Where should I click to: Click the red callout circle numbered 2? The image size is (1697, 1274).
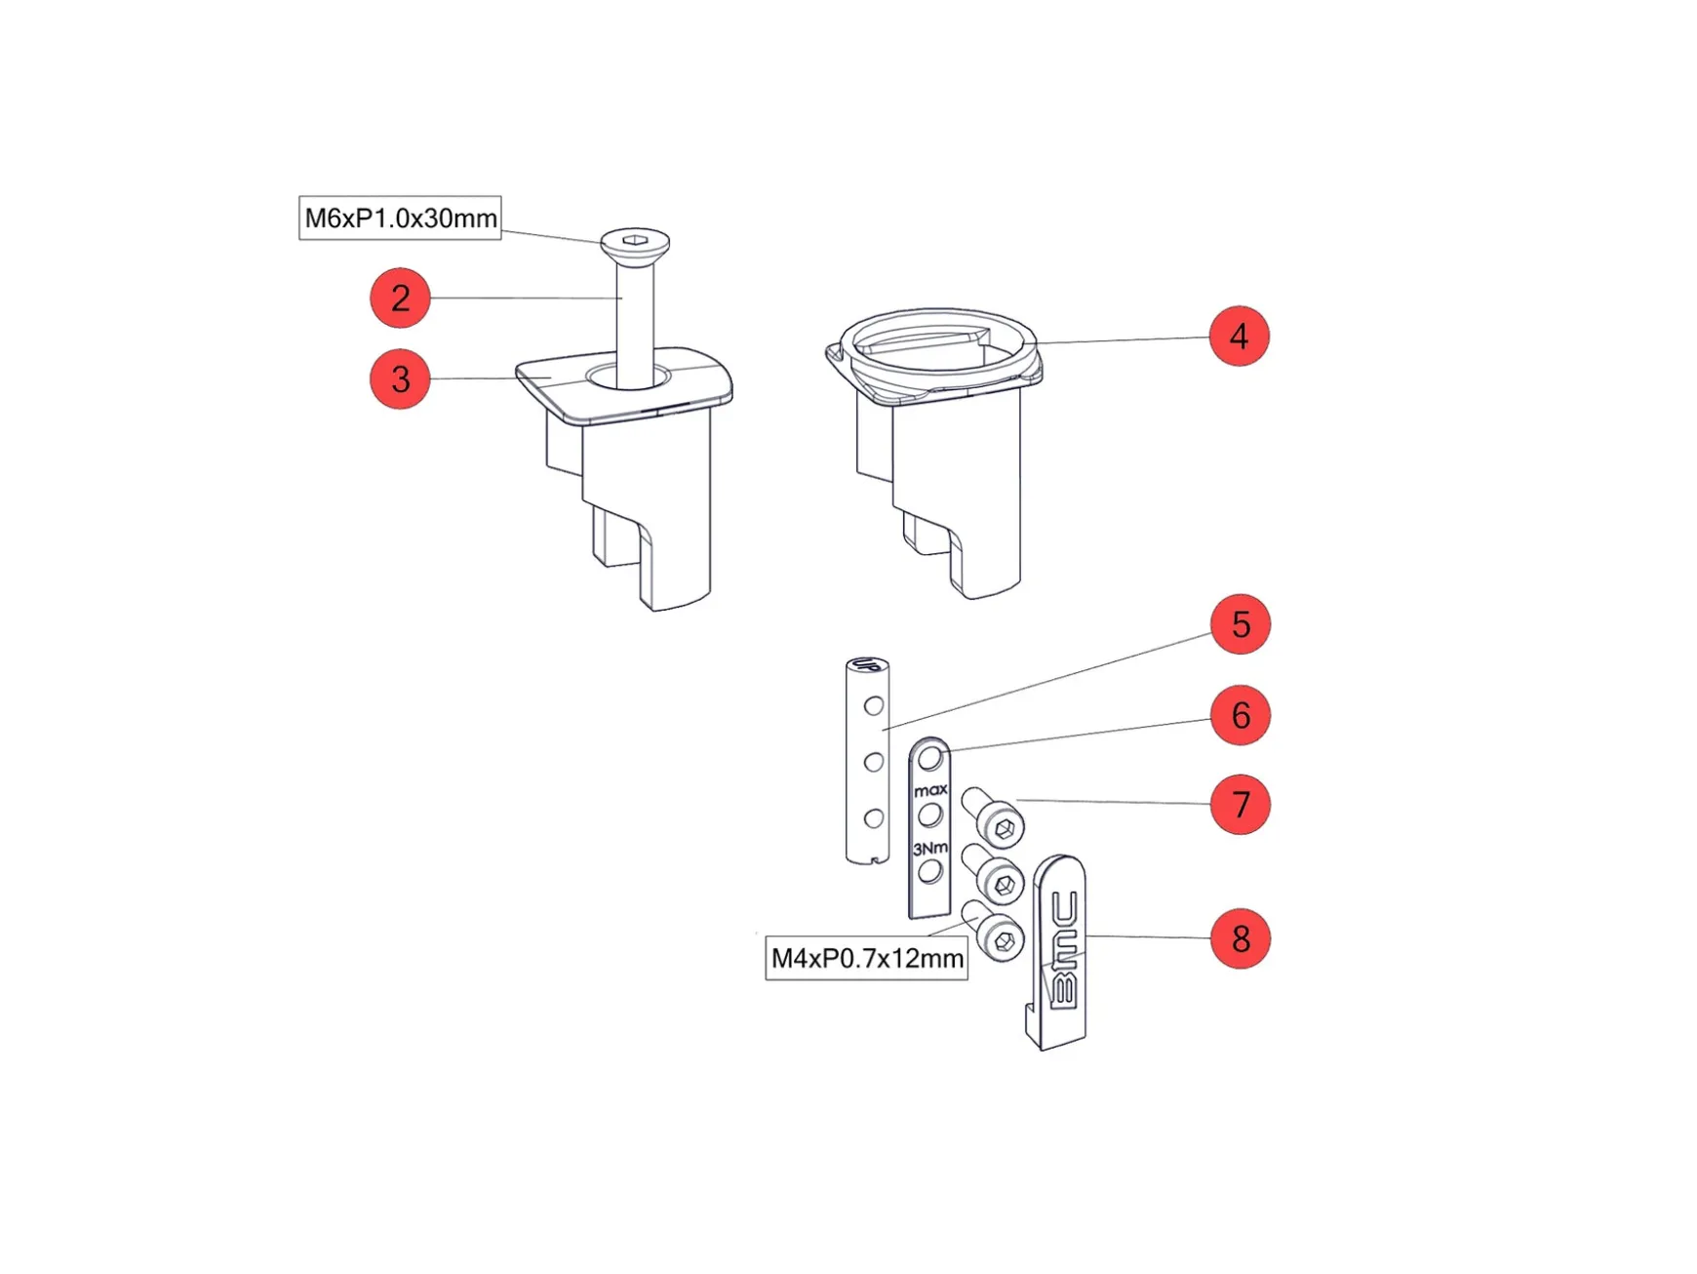tap(400, 298)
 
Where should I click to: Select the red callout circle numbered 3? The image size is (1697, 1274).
tap(400, 378)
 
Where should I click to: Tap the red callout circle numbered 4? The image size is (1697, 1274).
tap(1239, 336)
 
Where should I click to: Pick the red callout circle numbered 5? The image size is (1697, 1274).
tap(1241, 623)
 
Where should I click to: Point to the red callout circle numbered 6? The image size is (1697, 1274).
tap(1241, 715)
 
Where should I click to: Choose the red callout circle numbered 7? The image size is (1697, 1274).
tap(1241, 804)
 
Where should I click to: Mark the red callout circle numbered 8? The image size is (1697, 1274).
tap(1241, 938)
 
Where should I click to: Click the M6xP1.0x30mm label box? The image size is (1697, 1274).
tap(400, 218)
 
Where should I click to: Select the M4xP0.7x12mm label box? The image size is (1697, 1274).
tap(867, 958)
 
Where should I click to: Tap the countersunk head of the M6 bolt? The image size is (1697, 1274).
tap(635, 245)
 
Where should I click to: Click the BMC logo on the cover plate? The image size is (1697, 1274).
tap(1064, 950)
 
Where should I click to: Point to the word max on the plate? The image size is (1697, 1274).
tap(930, 790)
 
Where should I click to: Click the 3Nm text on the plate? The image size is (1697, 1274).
tap(930, 849)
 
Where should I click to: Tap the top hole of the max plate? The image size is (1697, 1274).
tap(930, 758)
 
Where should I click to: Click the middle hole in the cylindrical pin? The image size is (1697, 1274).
tap(874, 762)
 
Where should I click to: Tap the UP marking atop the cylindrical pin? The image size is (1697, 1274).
tap(866, 666)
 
